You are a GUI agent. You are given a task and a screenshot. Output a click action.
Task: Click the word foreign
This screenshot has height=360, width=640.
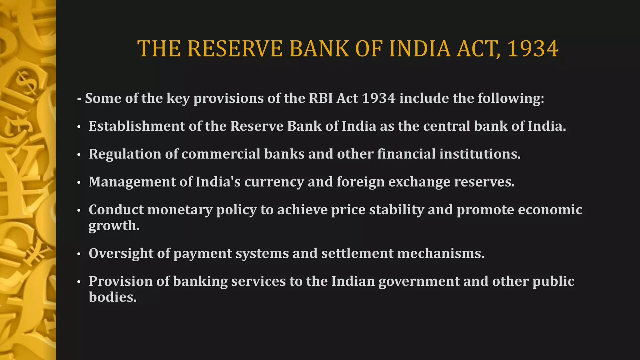[360, 182]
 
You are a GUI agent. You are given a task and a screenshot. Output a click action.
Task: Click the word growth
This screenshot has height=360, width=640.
[114, 226]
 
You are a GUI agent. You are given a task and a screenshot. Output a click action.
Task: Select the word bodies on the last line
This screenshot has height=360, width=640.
[112, 297]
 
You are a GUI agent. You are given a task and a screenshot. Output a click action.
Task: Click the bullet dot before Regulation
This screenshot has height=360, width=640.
[79, 154]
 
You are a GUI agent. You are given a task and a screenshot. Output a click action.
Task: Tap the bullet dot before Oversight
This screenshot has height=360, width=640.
[79, 254]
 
